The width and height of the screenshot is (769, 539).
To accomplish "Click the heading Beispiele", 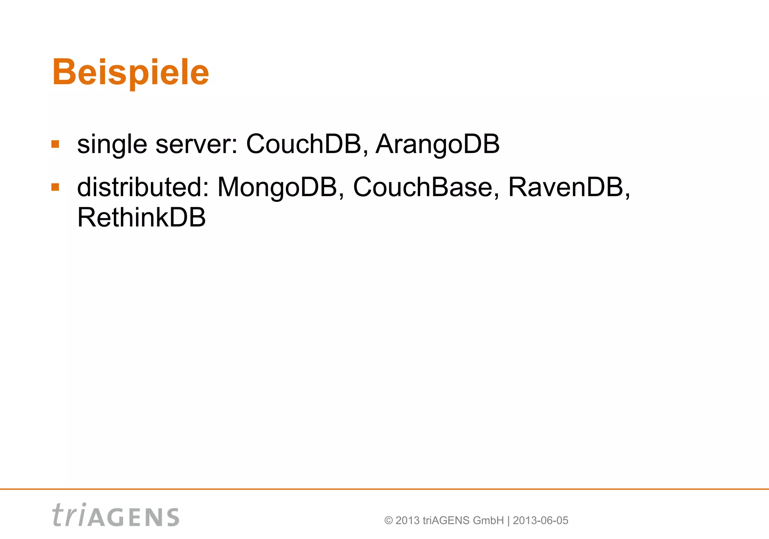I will point(130,72).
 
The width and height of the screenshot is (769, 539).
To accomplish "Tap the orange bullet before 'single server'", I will point(56,144).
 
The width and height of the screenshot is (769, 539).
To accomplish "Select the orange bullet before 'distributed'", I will point(56,187).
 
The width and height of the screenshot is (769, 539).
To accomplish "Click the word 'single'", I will point(112,144).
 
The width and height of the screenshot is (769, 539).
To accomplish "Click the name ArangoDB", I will point(437,144).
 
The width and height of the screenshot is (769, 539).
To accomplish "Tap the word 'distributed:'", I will point(143,187).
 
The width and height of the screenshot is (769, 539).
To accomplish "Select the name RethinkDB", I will point(142,218).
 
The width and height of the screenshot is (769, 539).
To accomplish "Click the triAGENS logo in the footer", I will point(116,515).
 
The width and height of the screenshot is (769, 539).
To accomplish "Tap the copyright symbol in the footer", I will point(389,521).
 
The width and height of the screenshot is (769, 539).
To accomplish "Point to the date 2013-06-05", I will point(540,521).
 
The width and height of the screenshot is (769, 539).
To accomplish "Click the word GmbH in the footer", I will point(488,521).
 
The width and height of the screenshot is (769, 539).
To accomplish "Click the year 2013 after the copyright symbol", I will point(407,521).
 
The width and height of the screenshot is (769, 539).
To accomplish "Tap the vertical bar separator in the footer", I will point(508,521).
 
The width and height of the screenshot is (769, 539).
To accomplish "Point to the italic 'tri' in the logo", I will point(69,515).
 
